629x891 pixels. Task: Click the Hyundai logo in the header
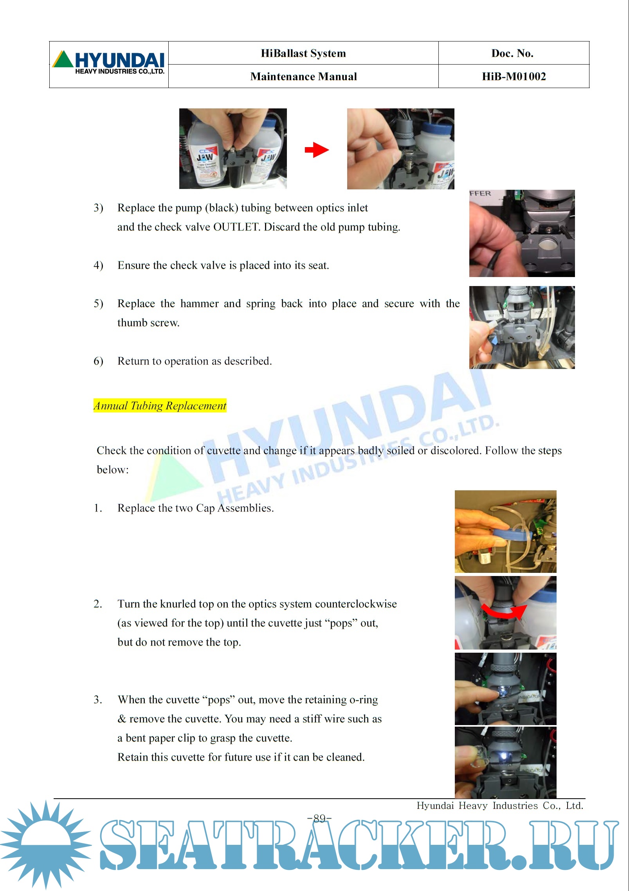point(108,62)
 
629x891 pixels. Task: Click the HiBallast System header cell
point(303,53)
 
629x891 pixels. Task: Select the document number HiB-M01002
point(514,76)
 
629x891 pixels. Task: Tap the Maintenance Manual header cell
point(303,76)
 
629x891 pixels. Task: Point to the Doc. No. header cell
point(514,53)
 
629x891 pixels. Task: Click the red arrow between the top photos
point(317,149)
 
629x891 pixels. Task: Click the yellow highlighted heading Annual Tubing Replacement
point(160,405)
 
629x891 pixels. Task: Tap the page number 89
point(320,818)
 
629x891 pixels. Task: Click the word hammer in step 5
point(199,304)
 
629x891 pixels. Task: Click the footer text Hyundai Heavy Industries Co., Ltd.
point(500,806)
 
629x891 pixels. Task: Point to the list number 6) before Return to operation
point(98,361)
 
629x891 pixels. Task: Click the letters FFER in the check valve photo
point(480,193)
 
